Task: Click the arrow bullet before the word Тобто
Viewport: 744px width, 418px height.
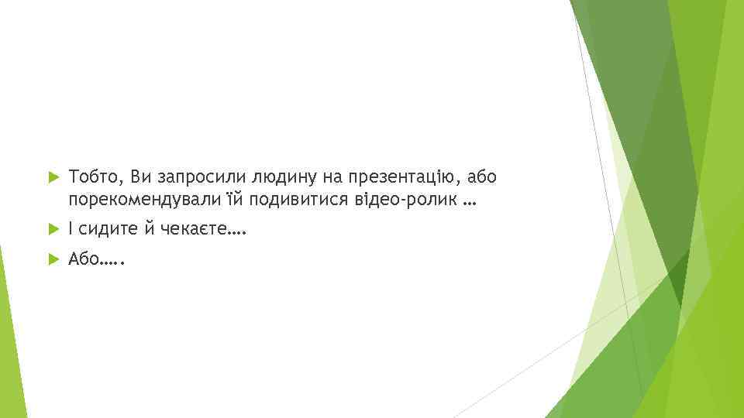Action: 52,178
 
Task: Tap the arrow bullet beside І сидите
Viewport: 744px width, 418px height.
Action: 52,229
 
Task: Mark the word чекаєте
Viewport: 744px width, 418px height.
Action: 194,229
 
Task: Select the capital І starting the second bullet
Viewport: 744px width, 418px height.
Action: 71,229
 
